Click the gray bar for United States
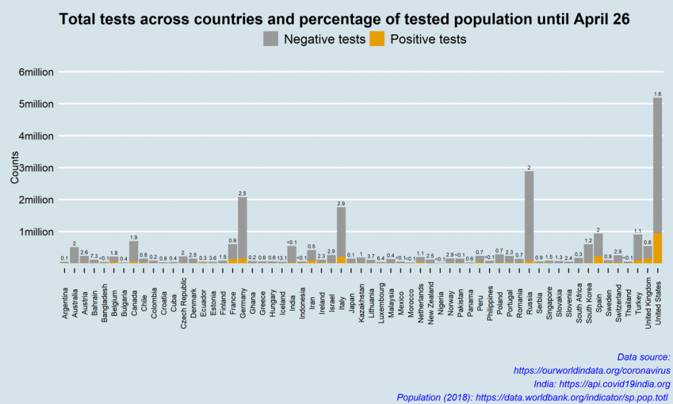coord(657,164)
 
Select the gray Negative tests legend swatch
coord(270,39)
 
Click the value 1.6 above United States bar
coord(658,94)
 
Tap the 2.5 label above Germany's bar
coord(243,193)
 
